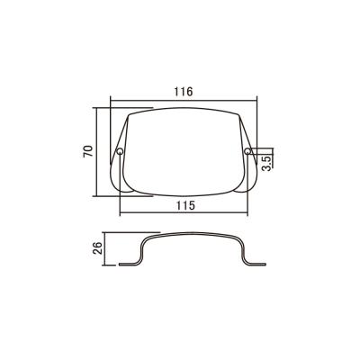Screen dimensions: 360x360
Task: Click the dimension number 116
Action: [184, 92]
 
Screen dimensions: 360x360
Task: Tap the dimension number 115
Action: [185, 205]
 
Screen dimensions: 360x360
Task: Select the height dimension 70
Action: [88, 151]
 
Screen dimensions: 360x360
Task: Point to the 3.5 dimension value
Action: [266, 163]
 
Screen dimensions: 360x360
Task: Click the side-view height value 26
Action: [98, 248]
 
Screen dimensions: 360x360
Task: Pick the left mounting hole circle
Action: [120, 151]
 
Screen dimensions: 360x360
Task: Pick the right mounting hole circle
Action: [247, 151]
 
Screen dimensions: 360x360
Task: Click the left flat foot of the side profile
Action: [129, 265]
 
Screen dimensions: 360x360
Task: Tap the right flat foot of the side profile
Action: [256, 265]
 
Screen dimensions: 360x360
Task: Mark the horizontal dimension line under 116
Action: [184, 101]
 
